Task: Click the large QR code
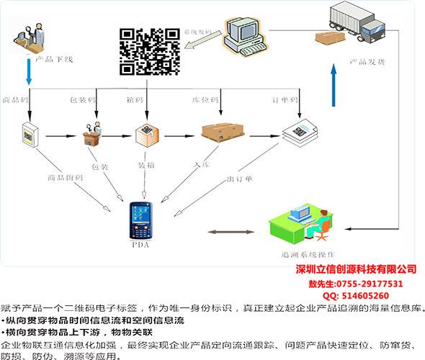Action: pyautogui.click(x=148, y=51)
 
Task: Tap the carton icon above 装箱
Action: pyautogui.click(x=146, y=134)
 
